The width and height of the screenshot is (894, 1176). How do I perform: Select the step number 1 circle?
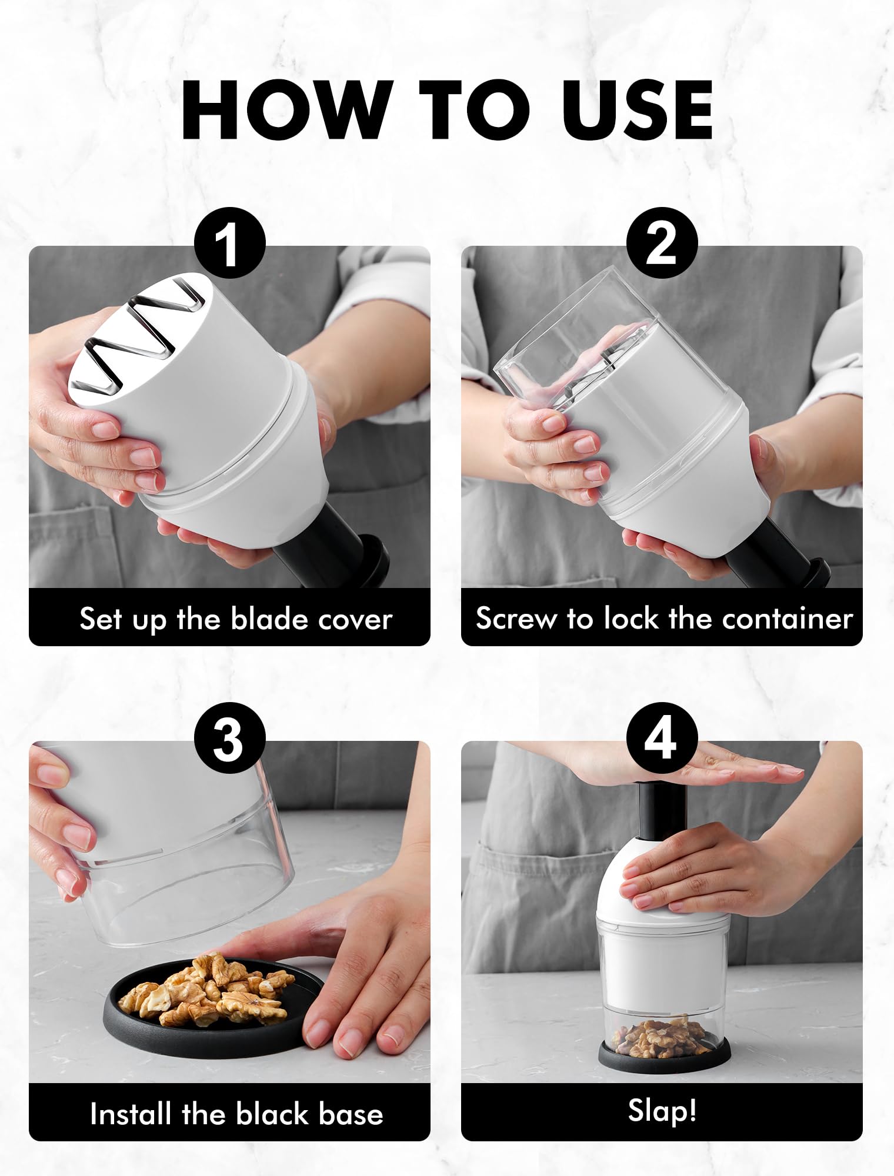229,243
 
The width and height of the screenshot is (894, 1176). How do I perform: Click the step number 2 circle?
662,243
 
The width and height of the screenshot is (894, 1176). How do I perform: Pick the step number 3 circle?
229,738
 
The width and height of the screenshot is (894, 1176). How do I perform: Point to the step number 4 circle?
662,738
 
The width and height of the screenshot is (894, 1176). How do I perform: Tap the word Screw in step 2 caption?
517,619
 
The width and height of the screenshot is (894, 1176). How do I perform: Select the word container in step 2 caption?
788,619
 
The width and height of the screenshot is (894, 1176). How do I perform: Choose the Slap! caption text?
662,1110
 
